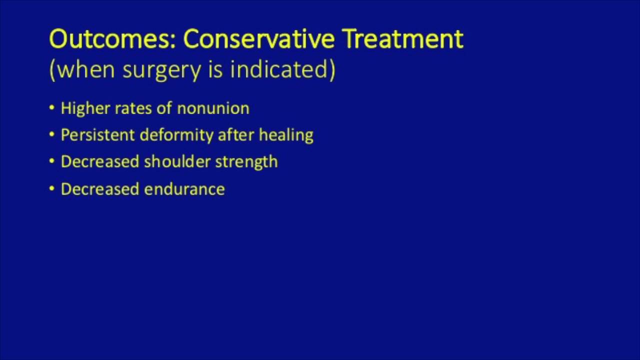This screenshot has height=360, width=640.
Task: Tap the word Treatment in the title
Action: (x=402, y=39)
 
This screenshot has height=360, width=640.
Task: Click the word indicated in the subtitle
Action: (x=280, y=69)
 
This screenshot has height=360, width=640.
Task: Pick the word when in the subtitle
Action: (x=82, y=69)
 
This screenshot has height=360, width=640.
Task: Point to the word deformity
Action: (x=176, y=135)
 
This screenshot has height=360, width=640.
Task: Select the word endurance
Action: (x=184, y=189)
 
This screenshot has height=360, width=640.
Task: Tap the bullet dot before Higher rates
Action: (x=52, y=108)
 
